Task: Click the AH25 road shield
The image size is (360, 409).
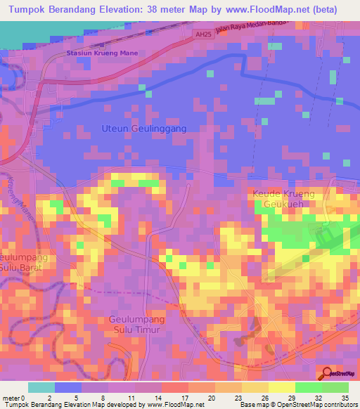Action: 202,34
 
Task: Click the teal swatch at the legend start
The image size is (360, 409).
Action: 41,387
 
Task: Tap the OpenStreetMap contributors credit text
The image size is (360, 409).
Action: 319,404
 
